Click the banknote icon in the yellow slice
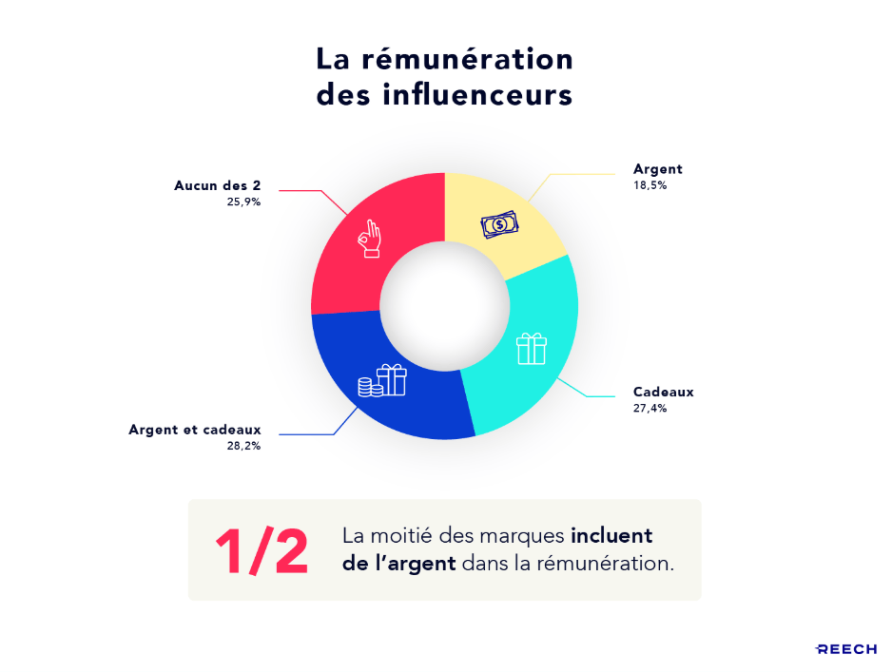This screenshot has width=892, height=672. (x=499, y=225)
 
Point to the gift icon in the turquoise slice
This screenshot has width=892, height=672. (x=532, y=349)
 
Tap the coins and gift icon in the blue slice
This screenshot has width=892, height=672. (x=381, y=381)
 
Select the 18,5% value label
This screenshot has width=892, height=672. (x=650, y=186)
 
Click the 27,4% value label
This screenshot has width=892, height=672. (x=650, y=409)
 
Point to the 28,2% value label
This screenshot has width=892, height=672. (x=242, y=445)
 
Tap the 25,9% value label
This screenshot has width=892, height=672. (x=242, y=202)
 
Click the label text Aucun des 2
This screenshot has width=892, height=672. (x=217, y=185)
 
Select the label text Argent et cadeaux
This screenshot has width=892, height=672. (x=195, y=429)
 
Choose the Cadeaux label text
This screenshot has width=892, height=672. (x=664, y=392)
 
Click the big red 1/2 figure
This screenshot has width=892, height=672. (x=262, y=550)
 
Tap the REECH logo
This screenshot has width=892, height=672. (x=845, y=649)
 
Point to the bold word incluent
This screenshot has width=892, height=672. (x=611, y=536)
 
